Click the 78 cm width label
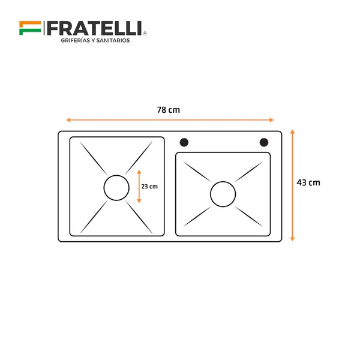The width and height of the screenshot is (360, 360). (169, 110)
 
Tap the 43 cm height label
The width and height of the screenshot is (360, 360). (308, 182)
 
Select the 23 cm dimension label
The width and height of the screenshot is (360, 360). (149, 187)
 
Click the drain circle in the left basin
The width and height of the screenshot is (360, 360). (116, 187)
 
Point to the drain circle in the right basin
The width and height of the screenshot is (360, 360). (223, 194)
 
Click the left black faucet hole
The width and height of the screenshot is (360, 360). (184, 142)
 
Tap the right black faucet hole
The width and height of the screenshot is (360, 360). (263, 142)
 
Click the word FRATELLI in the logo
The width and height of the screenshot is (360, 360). (94, 28)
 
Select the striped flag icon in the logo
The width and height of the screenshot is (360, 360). (30, 28)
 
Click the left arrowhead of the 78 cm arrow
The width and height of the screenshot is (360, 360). (68, 120)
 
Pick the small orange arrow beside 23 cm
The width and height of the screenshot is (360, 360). (139, 187)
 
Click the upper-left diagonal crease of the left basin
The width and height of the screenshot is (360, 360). (93, 157)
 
